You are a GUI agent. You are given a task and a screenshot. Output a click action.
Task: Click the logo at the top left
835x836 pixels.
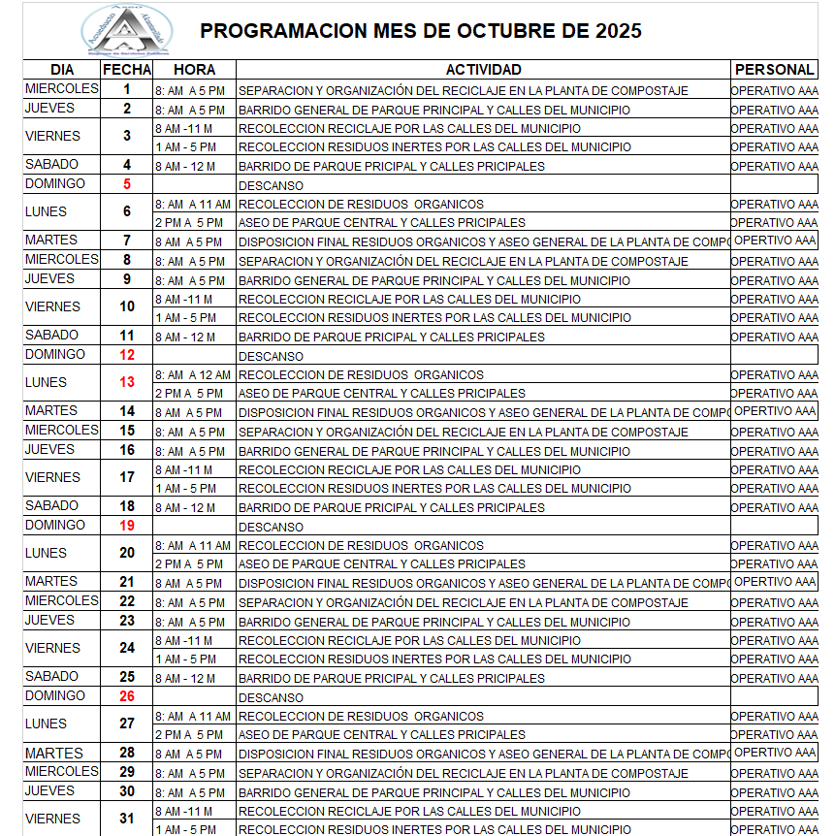tap(126, 30)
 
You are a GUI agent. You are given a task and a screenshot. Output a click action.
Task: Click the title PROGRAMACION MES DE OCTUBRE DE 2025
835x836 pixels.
tap(420, 31)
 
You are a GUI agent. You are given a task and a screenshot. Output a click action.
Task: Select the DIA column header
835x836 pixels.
tap(62, 70)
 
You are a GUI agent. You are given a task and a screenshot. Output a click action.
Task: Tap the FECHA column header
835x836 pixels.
tap(127, 70)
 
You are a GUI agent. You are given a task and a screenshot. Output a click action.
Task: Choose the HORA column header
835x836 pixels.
tap(194, 70)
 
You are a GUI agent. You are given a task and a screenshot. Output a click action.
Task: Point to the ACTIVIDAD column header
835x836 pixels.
tap(483, 70)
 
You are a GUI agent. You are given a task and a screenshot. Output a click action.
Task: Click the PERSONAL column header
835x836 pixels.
tap(774, 70)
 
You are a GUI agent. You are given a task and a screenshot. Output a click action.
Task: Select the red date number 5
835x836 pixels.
tap(127, 184)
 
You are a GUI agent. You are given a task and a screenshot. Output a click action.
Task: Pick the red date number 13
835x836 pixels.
tap(127, 383)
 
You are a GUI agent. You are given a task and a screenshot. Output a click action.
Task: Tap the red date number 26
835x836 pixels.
tap(127, 696)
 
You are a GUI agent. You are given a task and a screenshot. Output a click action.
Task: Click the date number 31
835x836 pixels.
tap(127, 819)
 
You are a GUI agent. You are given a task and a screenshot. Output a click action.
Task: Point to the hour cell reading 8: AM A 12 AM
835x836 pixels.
tap(193, 375)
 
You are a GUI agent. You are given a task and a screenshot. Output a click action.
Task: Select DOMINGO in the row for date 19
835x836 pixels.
tap(55, 526)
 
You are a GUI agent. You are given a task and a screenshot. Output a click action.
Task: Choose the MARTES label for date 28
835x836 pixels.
tap(53, 754)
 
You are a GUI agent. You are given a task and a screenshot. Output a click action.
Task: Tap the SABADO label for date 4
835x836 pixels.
tap(52, 165)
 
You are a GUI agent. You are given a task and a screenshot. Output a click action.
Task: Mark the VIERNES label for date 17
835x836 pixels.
tap(52, 478)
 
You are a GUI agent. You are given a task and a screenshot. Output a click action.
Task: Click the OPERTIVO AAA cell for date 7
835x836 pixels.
tap(775, 241)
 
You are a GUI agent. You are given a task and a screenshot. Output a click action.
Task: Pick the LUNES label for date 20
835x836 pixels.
tap(47, 554)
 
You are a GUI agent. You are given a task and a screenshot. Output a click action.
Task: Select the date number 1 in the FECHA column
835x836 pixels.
tap(127, 89)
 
